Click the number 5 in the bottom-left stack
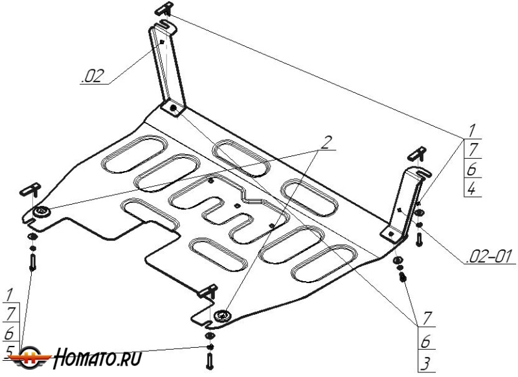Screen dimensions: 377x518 coord(9,350)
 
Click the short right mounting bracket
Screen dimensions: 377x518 coord(402,200)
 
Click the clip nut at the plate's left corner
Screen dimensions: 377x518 coord(30,189)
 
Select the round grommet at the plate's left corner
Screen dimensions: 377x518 coord(43,212)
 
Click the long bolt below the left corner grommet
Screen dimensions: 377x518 coord(32,263)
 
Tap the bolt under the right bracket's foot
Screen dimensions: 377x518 coord(403,276)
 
